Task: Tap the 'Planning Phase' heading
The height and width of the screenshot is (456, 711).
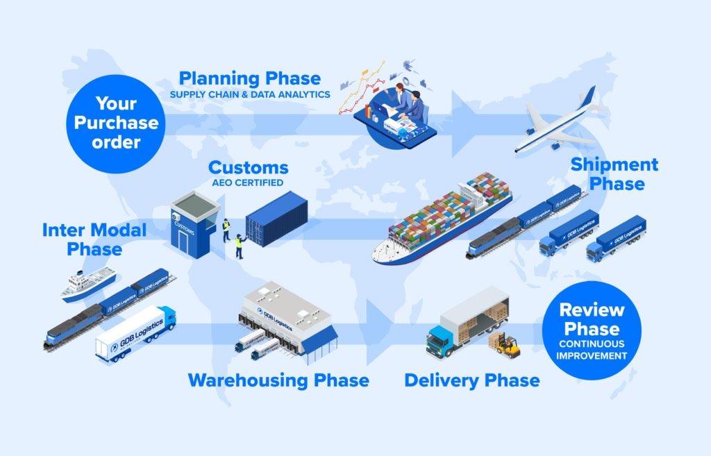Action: click(250, 78)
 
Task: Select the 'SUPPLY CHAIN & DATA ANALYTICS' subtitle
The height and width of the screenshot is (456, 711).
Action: click(250, 94)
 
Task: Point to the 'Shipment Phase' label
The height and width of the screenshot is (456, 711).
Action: click(614, 174)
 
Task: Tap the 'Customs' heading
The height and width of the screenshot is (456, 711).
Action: click(248, 168)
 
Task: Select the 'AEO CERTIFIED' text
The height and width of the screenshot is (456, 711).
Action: click(248, 183)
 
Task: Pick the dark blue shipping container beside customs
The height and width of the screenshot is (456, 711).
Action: click(276, 219)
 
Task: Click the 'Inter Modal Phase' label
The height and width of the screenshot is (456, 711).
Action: click(94, 239)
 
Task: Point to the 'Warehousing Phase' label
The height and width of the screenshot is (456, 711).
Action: click(278, 380)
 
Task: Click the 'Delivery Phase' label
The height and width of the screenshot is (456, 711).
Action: click(471, 380)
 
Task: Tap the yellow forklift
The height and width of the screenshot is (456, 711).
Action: click(508, 346)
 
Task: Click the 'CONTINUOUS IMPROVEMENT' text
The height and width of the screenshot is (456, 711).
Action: click(592, 350)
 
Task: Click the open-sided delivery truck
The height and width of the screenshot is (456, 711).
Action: click(467, 322)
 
